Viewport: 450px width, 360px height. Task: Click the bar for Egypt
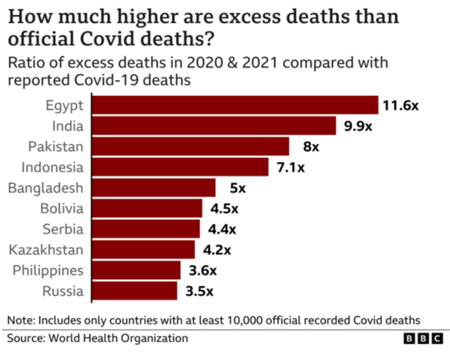point(235,105)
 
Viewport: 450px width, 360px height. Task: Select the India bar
point(214,126)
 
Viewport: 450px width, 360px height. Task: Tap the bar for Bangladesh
point(154,188)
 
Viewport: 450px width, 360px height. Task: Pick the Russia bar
point(135,291)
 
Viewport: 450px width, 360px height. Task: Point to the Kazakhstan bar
point(143,250)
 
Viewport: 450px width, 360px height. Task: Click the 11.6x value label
point(400,105)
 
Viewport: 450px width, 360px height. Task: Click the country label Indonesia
point(52,167)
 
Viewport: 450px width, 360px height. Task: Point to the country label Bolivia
point(61,209)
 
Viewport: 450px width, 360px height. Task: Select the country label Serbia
point(63,229)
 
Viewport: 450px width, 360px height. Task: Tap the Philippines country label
point(46,270)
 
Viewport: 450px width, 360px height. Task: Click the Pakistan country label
point(56,147)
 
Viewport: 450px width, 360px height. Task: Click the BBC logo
point(423,339)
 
